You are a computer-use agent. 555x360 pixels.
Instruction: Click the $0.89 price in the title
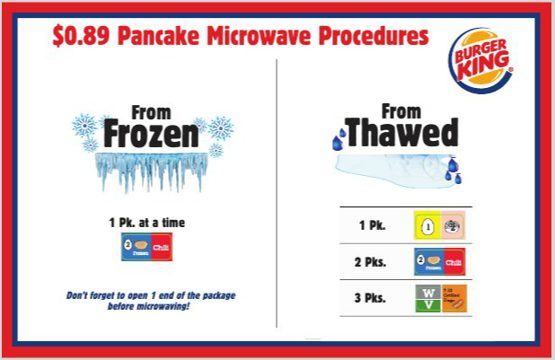75,37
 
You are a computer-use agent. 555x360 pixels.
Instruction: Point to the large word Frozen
150,136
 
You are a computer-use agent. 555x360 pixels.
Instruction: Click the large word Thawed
401,134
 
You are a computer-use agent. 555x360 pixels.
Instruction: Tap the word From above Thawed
401,111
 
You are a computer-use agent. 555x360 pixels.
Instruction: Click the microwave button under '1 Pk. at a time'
147,245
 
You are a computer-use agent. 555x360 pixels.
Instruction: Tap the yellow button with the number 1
428,225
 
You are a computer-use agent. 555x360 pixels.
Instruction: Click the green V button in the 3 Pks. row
428,306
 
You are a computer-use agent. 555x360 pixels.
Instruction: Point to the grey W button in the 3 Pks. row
428,291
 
